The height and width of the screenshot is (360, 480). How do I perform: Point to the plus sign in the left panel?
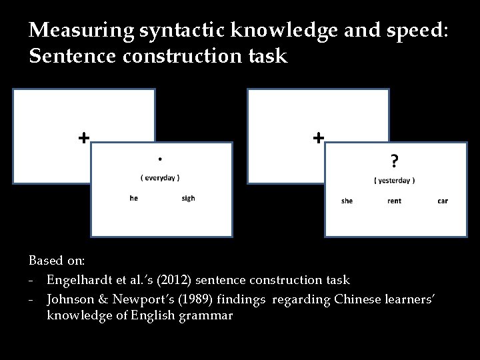[x=83, y=138]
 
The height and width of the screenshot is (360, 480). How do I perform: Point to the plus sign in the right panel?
[x=319, y=138]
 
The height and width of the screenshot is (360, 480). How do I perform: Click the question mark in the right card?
[x=395, y=161]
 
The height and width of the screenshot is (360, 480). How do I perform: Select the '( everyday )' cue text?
[x=160, y=177]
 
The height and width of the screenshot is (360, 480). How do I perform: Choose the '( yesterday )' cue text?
[x=395, y=180]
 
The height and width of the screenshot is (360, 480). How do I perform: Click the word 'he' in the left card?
[x=134, y=198]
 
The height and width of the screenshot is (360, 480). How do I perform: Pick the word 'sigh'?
[x=188, y=198]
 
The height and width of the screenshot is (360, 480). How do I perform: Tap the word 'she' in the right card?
[x=347, y=201]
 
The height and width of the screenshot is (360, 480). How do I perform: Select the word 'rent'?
[x=394, y=201]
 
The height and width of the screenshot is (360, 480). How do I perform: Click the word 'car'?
[x=443, y=201]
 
